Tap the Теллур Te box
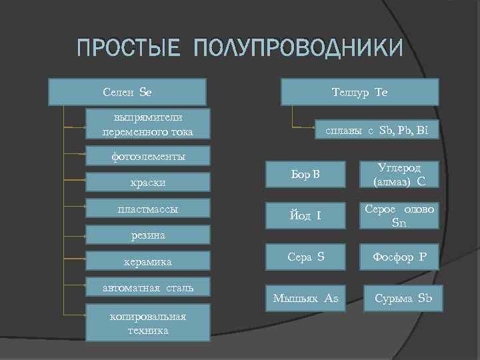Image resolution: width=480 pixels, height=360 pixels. [x=360, y=92]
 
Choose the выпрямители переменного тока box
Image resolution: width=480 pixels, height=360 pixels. [x=148, y=124]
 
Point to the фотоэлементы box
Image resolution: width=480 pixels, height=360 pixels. [x=148, y=157]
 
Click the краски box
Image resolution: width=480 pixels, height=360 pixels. [x=148, y=181]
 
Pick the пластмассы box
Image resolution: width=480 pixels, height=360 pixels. [x=148, y=209]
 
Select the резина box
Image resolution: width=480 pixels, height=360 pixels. [x=148, y=235]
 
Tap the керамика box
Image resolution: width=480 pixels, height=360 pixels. [x=148, y=261]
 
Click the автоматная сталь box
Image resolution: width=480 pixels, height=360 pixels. [x=148, y=288]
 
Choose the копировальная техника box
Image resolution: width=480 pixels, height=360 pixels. [x=148, y=323]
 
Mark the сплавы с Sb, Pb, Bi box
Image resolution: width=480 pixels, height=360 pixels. [x=377, y=130]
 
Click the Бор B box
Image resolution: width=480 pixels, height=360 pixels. [x=305, y=175]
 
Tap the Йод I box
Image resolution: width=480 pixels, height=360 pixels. [x=305, y=215]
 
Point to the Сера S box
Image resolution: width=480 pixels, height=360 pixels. [x=305, y=257]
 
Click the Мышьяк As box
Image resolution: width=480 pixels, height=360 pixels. [x=305, y=298]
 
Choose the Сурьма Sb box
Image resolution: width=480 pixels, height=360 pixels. [x=403, y=298]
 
